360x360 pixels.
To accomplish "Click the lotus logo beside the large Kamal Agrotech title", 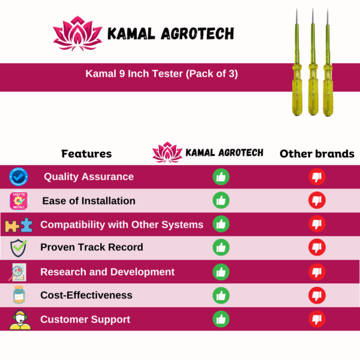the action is (x=77, y=34).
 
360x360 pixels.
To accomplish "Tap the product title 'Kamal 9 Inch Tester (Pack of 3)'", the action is (x=161, y=74).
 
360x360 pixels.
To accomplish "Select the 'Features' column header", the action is (x=86, y=154).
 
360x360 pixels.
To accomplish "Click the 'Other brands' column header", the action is (x=317, y=154).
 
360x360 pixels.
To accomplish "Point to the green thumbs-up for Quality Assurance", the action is (x=221, y=177).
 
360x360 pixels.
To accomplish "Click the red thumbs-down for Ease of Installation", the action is (x=317, y=200).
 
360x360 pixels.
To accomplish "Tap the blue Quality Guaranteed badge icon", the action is (x=19, y=177).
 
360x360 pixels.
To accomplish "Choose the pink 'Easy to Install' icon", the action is (x=19, y=200).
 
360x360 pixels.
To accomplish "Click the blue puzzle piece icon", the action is (x=26, y=225).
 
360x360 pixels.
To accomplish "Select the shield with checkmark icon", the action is (x=19, y=248).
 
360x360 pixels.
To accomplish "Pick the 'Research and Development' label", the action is (x=107, y=272).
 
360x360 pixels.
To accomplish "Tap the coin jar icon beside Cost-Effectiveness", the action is (x=19, y=295).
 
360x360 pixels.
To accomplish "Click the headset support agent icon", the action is (x=20, y=320).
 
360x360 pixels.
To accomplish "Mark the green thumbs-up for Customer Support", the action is (x=221, y=319).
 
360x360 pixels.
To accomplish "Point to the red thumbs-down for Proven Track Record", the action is (x=317, y=247).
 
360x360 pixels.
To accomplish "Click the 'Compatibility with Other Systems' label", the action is (x=122, y=224).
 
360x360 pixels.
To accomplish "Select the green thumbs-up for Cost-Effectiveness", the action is (x=221, y=295).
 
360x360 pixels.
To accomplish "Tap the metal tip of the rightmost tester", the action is (x=328, y=17).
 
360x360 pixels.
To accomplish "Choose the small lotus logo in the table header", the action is (x=167, y=152).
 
